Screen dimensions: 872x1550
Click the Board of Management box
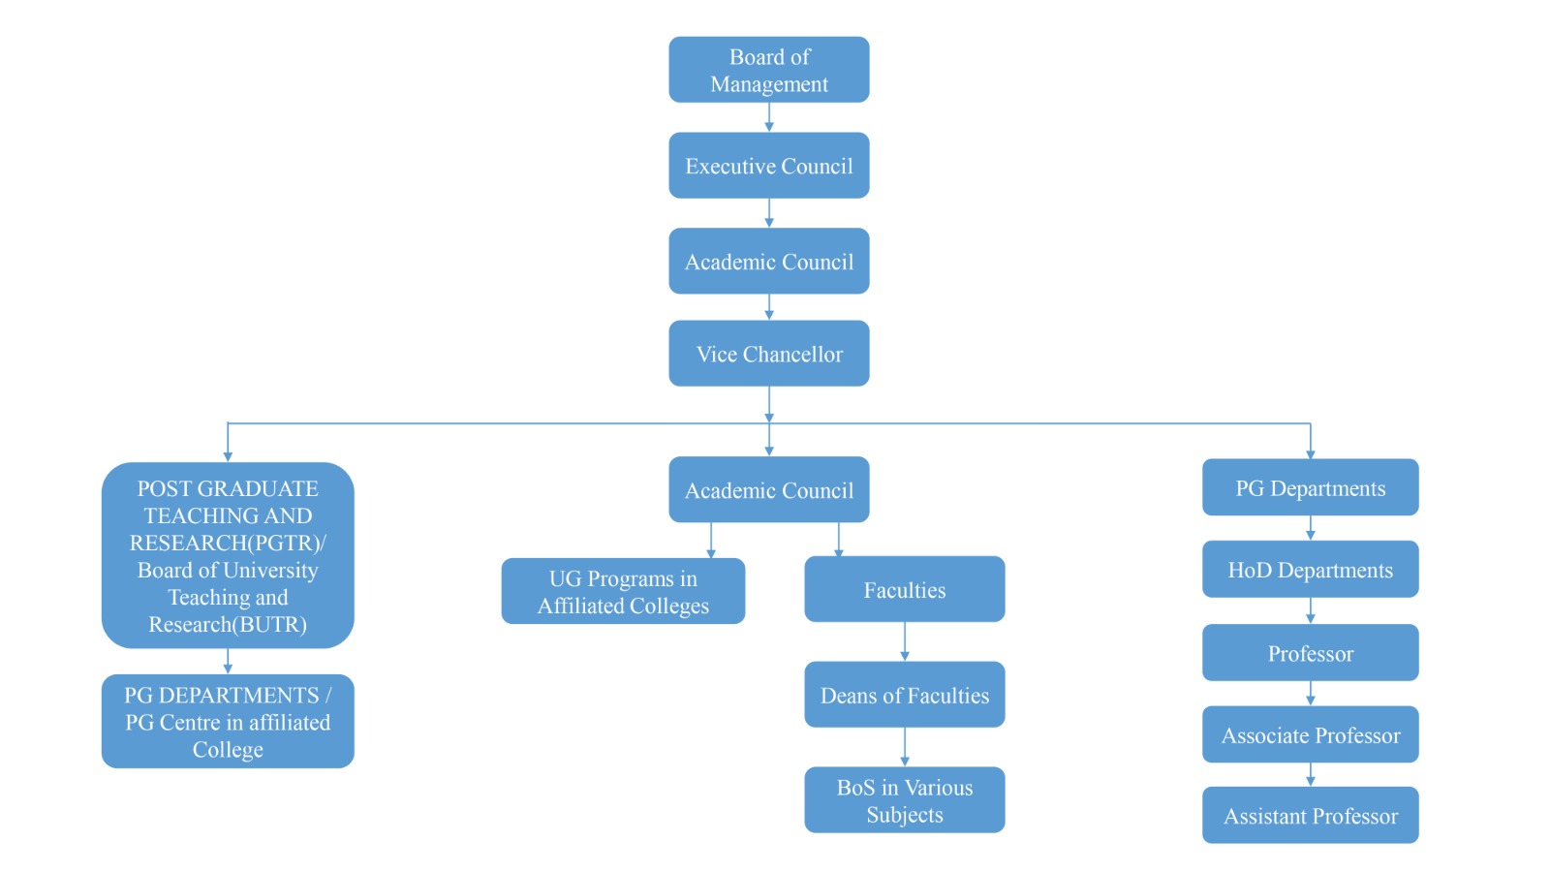tap(768, 70)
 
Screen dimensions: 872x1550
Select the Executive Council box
tap(768, 166)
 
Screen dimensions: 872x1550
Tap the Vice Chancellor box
tap(768, 354)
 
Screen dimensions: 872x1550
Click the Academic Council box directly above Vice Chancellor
tap(768, 262)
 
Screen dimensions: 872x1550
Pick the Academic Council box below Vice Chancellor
tap(768, 490)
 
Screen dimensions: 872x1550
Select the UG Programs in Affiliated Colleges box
tap(623, 591)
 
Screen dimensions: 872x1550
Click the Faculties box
tap(904, 589)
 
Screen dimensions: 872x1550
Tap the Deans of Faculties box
tap(904, 695)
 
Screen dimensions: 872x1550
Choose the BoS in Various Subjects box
tap(904, 800)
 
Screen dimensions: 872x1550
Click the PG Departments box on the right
tap(1310, 487)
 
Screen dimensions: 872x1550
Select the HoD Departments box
tap(1310, 570)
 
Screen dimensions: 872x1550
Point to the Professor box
tap(1310, 653)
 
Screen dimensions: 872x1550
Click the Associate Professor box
tap(1310, 734)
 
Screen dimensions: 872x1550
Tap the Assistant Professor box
tap(1310, 816)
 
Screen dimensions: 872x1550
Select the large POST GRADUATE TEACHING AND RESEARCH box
tap(228, 555)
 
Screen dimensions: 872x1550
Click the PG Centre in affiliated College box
tap(228, 722)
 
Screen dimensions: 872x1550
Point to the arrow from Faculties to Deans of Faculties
tap(905, 642)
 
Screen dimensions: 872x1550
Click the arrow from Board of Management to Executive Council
tap(769, 117)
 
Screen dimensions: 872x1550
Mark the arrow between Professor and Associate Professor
tap(1311, 694)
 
